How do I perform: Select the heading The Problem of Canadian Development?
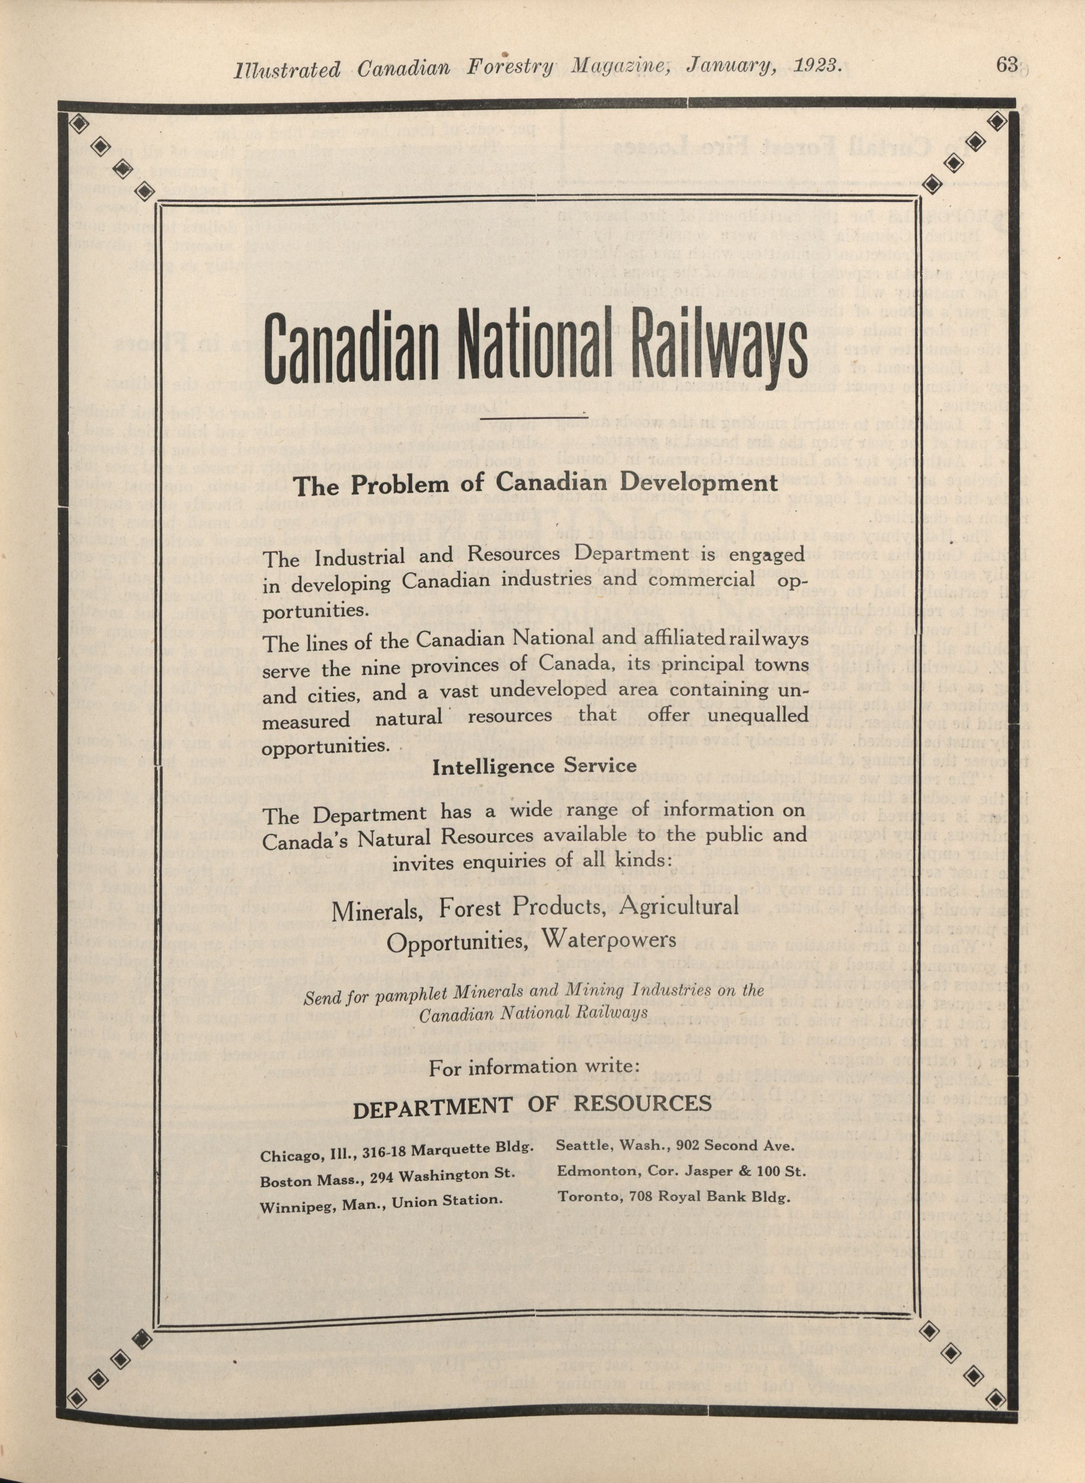click(535, 484)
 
